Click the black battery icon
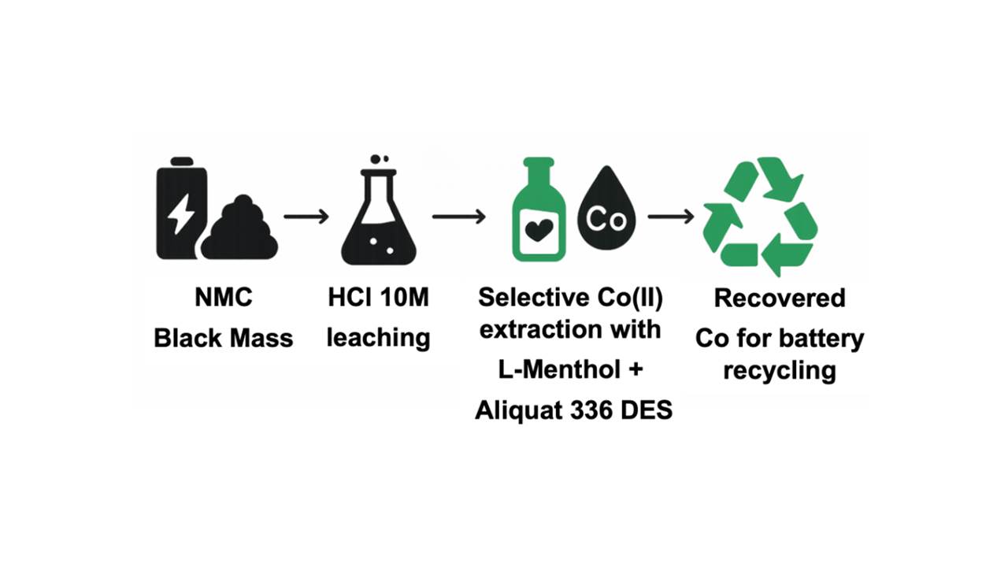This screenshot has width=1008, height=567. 182,209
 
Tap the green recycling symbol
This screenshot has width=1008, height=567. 760,217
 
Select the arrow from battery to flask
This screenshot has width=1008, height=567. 306,216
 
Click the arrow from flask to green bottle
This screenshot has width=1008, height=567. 459,216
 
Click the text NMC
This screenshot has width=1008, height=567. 224,298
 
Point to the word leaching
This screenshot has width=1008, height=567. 378,339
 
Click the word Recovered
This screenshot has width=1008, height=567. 780,298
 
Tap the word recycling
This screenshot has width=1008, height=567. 780,369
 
